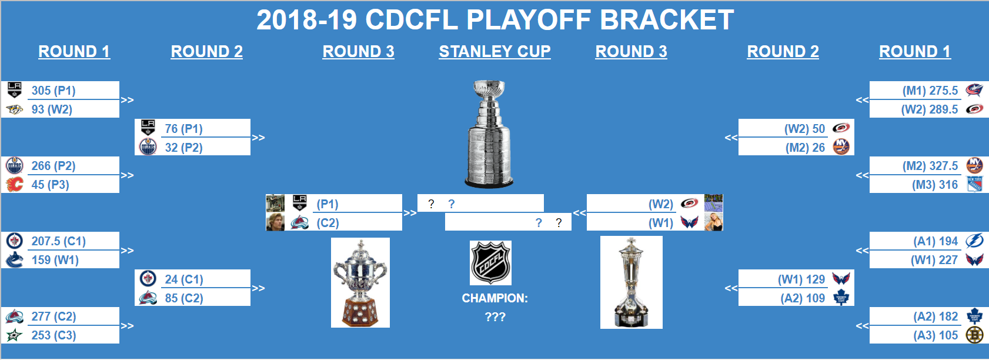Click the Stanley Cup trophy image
click(x=489, y=134)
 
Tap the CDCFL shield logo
click(x=490, y=263)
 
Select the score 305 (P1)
click(x=54, y=91)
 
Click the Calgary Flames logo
click(x=14, y=184)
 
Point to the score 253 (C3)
click(x=54, y=335)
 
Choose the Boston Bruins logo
click(x=974, y=335)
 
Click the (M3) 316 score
click(x=935, y=185)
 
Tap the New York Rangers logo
click(x=974, y=184)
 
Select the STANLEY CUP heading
click(x=494, y=52)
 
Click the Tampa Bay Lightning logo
click(x=974, y=241)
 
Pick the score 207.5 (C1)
click(x=58, y=241)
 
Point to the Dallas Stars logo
click(x=14, y=335)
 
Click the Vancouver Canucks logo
click(x=14, y=260)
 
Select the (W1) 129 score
click(x=801, y=279)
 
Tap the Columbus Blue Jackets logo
click(x=974, y=90)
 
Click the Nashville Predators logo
click(x=14, y=109)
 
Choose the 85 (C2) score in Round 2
click(x=183, y=298)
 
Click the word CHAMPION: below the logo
click(x=494, y=298)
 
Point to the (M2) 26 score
click(x=805, y=148)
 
